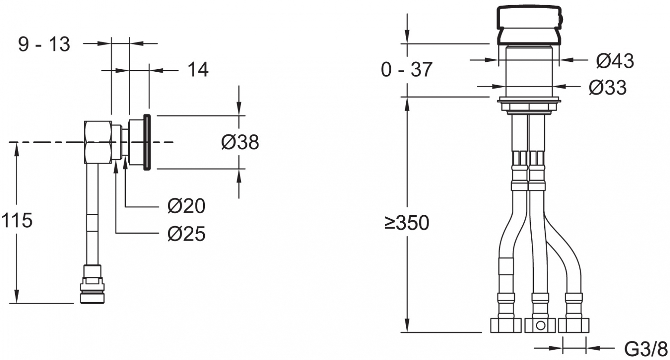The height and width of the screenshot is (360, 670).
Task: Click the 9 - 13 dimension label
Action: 44,44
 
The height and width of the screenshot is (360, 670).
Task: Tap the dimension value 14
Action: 198,70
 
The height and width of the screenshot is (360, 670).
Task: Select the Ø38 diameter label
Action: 240,142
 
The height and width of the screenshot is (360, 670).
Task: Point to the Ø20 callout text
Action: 186,206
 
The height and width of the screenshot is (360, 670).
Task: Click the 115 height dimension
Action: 17,220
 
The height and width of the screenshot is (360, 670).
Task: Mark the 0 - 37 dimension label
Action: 407,70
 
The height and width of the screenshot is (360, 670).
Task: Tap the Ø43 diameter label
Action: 615,61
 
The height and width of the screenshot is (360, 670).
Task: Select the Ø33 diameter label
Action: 608,88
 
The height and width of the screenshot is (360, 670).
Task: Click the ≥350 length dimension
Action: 407,223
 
